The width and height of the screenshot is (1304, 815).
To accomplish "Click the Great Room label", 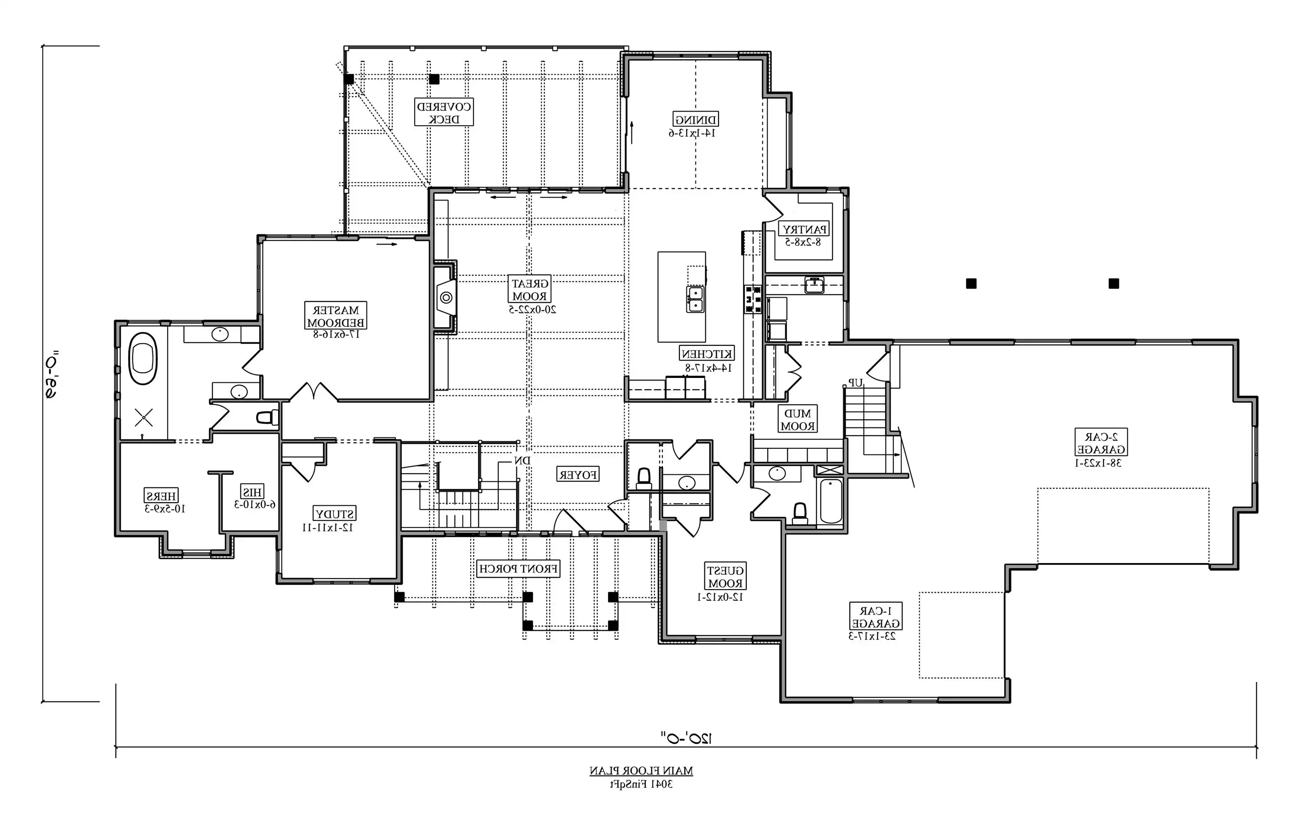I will (x=529, y=289).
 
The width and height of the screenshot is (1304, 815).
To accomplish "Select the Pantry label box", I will (x=804, y=229).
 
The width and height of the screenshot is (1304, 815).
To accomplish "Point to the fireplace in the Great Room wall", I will (x=446, y=297).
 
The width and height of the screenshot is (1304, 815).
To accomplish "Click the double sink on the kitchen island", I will (x=695, y=300).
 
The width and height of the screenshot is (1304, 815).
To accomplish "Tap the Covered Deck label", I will (x=443, y=112).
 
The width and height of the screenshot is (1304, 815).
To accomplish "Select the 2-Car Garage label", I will (x=1101, y=443).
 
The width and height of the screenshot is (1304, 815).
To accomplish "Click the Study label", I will (x=335, y=514).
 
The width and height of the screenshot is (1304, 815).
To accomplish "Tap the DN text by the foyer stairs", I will (x=522, y=461).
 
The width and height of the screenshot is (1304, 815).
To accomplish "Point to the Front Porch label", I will (x=519, y=569).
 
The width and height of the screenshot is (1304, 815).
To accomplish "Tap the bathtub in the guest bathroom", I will (x=831, y=501).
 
